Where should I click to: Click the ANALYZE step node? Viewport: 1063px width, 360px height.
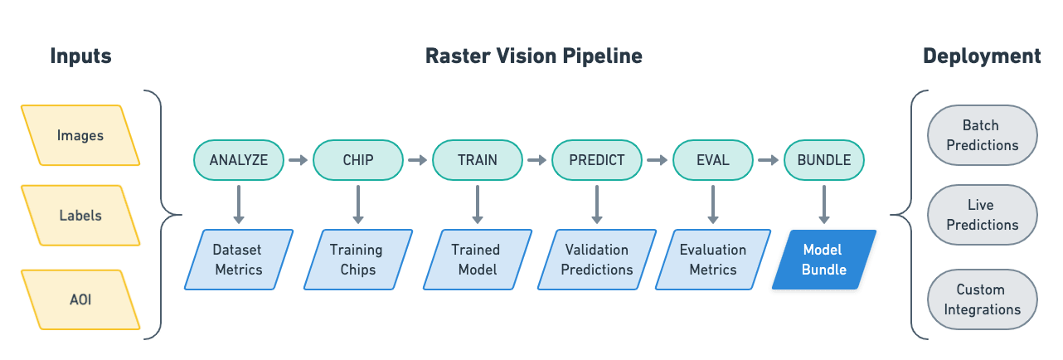click(x=239, y=160)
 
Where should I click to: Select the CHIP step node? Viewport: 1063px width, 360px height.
click(x=358, y=160)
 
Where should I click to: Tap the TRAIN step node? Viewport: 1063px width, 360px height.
click(x=478, y=160)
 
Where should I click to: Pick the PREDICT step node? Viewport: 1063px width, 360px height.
click(x=597, y=160)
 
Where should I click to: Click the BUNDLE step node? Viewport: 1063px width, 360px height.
click(x=823, y=160)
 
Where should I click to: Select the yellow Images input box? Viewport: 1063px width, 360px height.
click(x=80, y=135)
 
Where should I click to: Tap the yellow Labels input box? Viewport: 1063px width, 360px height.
click(x=80, y=216)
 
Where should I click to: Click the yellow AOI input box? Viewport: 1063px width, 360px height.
click(x=80, y=297)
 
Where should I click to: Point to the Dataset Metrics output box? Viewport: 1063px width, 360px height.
click(x=238, y=260)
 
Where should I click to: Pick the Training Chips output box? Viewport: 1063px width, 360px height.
click(x=357, y=260)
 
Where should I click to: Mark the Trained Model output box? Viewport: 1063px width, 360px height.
click(x=476, y=260)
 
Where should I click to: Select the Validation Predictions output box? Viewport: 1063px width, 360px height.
click(x=597, y=260)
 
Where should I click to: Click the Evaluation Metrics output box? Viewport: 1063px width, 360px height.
click(x=713, y=260)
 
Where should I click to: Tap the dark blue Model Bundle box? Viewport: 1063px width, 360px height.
click(x=824, y=260)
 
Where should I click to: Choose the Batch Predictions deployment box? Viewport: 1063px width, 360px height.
click(x=981, y=135)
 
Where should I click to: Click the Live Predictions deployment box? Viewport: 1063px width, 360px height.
click(x=981, y=215)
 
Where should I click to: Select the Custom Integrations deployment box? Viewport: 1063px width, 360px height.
click(x=981, y=299)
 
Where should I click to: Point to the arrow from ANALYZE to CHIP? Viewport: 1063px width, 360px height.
click(x=299, y=160)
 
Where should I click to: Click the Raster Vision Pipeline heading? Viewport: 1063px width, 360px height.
click(x=533, y=56)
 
